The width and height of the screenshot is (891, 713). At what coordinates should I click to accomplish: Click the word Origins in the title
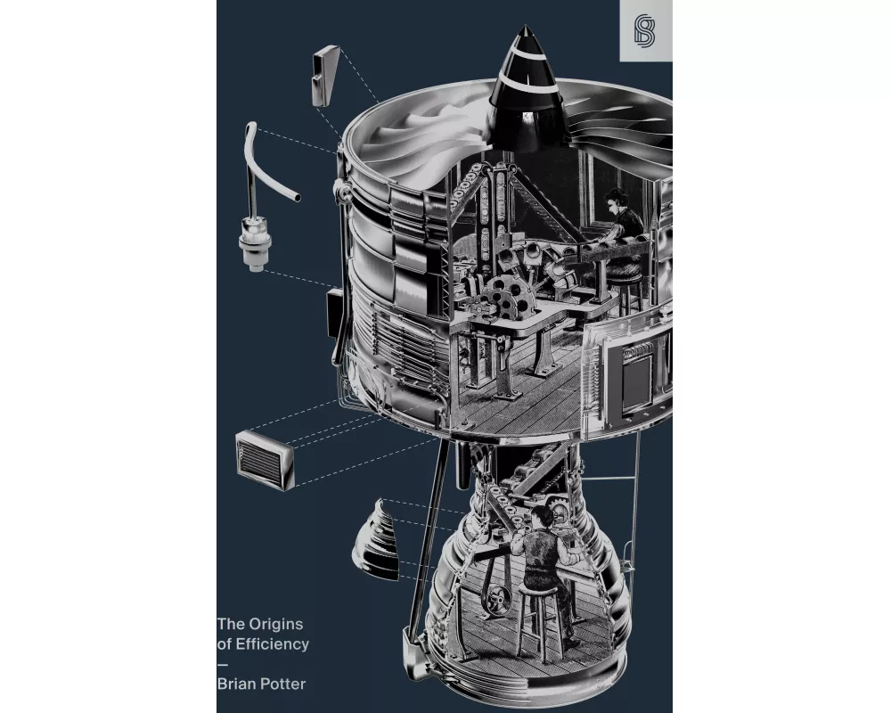point(275,625)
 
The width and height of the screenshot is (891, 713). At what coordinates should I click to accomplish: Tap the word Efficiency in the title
point(272,644)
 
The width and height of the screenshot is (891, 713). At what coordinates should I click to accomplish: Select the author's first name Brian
point(233,684)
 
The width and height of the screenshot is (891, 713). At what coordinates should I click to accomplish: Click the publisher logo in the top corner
point(645,31)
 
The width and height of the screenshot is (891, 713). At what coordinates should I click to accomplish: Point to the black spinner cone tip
point(525,27)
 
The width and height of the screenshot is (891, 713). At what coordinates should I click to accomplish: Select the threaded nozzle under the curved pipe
point(255,244)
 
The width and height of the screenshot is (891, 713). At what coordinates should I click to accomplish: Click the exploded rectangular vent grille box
point(265,460)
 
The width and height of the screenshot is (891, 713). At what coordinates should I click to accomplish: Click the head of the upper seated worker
point(616,199)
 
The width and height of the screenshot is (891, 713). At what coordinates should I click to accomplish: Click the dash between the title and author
point(222,664)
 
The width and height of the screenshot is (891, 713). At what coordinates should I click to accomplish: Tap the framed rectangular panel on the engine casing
point(636,375)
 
